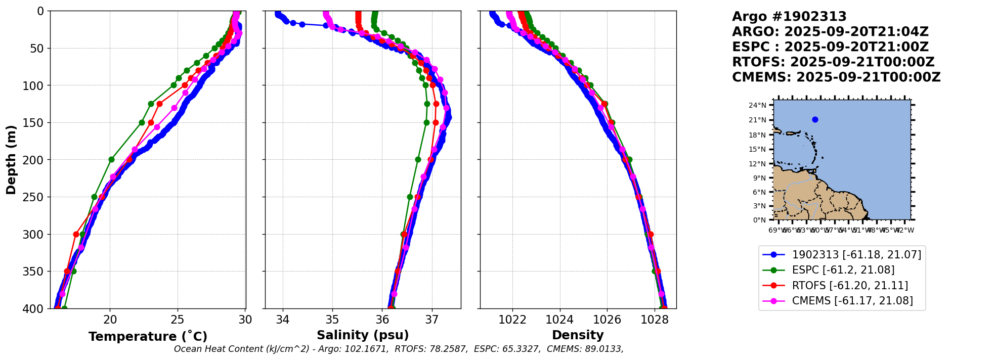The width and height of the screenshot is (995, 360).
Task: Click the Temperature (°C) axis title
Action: pos(148,337)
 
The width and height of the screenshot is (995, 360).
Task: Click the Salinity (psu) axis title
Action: pos(363,335)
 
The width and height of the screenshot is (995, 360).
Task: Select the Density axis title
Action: pos(578,335)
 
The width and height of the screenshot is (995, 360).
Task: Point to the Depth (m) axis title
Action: pos(11,160)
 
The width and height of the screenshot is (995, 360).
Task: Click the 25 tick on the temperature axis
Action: pos(178,320)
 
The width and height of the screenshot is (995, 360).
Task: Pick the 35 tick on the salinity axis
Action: pos(332,320)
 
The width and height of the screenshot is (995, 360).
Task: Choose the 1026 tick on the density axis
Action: pos(607,320)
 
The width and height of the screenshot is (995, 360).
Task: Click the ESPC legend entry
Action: pos(843,270)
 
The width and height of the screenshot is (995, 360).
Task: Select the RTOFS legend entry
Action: pos(850,286)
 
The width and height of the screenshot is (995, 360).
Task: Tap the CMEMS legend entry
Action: pos(852,301)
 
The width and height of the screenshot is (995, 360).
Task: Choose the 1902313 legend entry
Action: pos(856,255)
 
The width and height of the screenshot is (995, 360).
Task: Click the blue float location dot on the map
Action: pos(815,120)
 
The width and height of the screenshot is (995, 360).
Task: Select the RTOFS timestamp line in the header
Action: pos(833,62)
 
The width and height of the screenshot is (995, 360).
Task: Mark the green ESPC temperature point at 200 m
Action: pos(111,160)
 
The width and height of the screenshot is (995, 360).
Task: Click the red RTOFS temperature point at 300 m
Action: pos(76,234)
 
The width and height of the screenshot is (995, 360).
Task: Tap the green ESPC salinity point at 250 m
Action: pos(410,197)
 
